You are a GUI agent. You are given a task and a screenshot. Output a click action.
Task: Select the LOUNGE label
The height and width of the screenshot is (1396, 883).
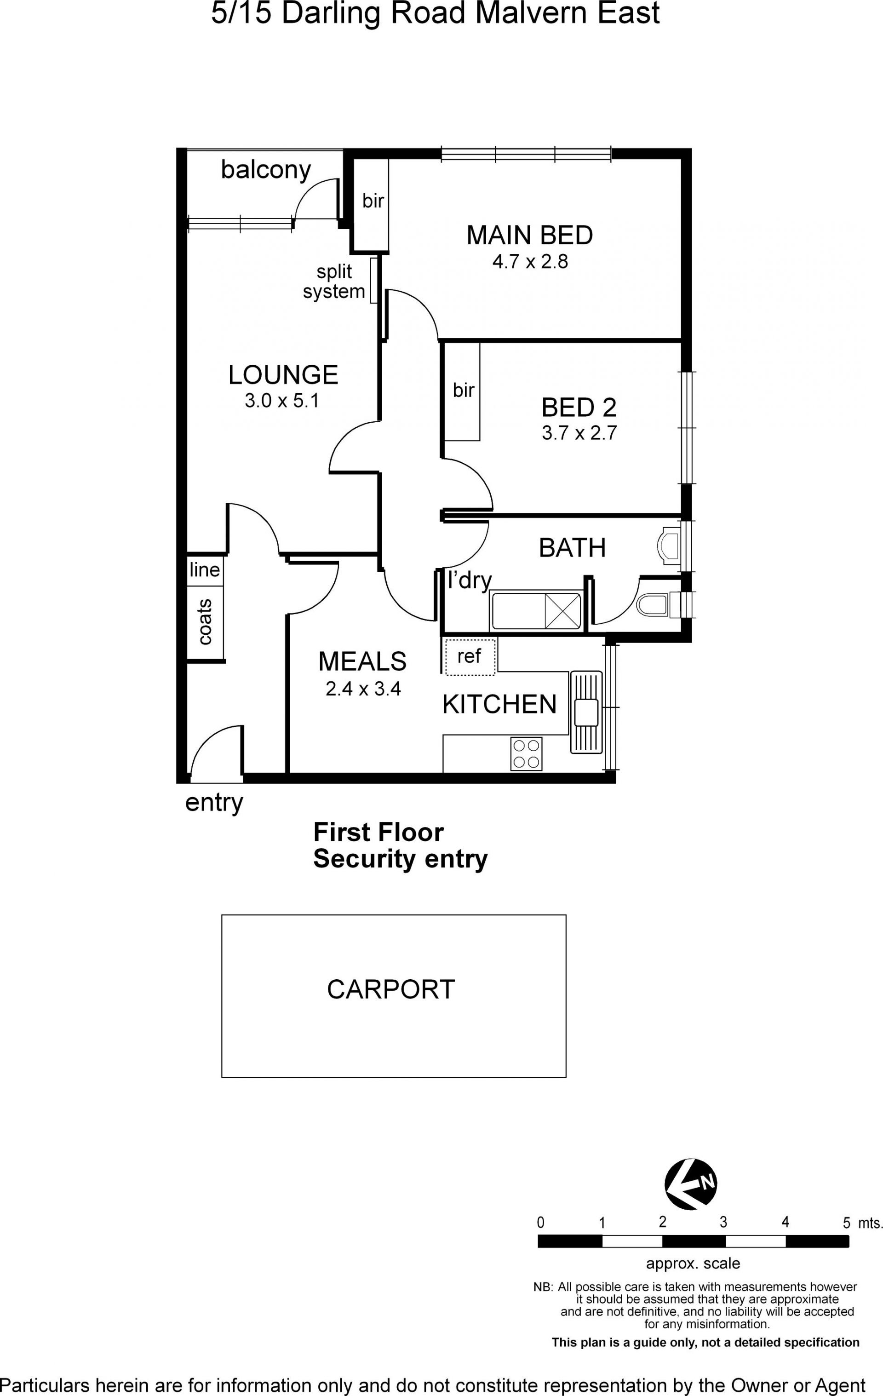pyautogui.click(x=283, y=374)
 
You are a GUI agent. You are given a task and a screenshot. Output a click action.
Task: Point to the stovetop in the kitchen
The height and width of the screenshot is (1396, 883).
pyautogui.click(x=526, y=753)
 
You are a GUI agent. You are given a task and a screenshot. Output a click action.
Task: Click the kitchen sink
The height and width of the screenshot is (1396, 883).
pyautogui.click(x=586, y=712)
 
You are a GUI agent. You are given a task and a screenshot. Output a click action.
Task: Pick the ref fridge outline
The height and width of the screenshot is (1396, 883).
pyautogui.click(x=470, y=656)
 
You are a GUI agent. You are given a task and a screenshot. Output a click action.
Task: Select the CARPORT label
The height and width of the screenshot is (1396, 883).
pyautogui.click(x=391, y=989)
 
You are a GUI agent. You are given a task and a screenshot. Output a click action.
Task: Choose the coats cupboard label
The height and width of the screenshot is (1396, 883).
pyautogui.click(x=205, y=622)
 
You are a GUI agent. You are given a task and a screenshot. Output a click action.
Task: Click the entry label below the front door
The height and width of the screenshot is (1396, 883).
pyautogui.click(x=214, y=804)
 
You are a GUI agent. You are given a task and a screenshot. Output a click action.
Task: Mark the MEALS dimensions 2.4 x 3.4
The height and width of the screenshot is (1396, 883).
pyautogui.click(x=363, y=689)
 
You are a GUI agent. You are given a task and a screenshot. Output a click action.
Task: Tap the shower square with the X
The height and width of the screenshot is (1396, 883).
pyautogui.click(x=562, y=610)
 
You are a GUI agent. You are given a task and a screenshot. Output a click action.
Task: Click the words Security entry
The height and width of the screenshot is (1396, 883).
pyautogui.click(x=401, y=859)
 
